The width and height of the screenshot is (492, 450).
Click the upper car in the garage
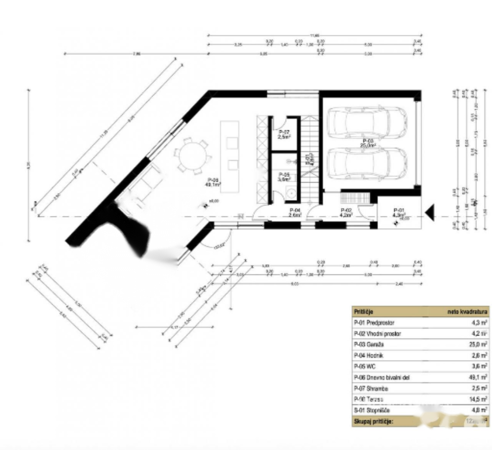click(367, 122)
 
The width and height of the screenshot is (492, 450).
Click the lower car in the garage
click(367, 163)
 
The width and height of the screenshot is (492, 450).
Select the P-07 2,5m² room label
click(284, 134)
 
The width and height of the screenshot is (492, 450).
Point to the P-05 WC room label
click(284, 176)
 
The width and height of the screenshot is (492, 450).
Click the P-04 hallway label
click(295, 212)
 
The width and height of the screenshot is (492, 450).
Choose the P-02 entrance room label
click(346, 213)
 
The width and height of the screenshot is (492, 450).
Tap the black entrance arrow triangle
click(430, 213)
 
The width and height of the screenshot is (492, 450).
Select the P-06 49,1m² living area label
click(213, 182)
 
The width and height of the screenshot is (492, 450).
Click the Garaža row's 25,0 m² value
click(479, 345)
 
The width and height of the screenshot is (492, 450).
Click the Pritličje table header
click(364, 312)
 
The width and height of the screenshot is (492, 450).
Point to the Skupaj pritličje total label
click(373, 422)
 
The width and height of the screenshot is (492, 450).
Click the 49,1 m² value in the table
click(479, 377)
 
